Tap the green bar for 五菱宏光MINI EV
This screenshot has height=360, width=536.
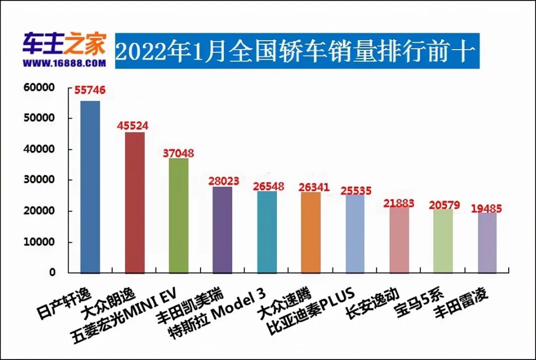point(179,216)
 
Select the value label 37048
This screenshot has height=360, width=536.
point(178,153)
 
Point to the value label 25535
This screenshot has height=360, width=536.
point(355,190)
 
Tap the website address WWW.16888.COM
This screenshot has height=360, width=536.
point(64,63)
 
